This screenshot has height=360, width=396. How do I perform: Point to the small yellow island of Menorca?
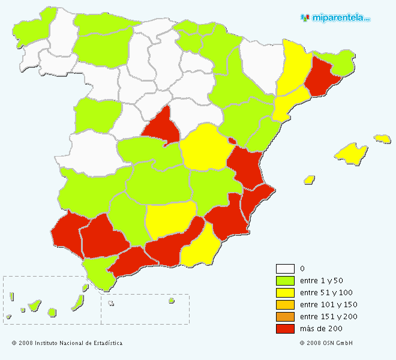[382, 139]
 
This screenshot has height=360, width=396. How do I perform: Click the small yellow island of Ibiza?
[310, 179]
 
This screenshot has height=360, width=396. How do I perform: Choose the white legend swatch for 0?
[285, 269]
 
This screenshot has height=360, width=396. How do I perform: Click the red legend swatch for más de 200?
[285, 329]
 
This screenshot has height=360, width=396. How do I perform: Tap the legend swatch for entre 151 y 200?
[285, 317]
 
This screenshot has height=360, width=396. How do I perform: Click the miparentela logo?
[335, 17]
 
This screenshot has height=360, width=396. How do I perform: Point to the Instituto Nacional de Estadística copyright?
[67, 343]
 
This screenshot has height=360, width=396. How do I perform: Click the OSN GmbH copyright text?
[326, 343]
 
